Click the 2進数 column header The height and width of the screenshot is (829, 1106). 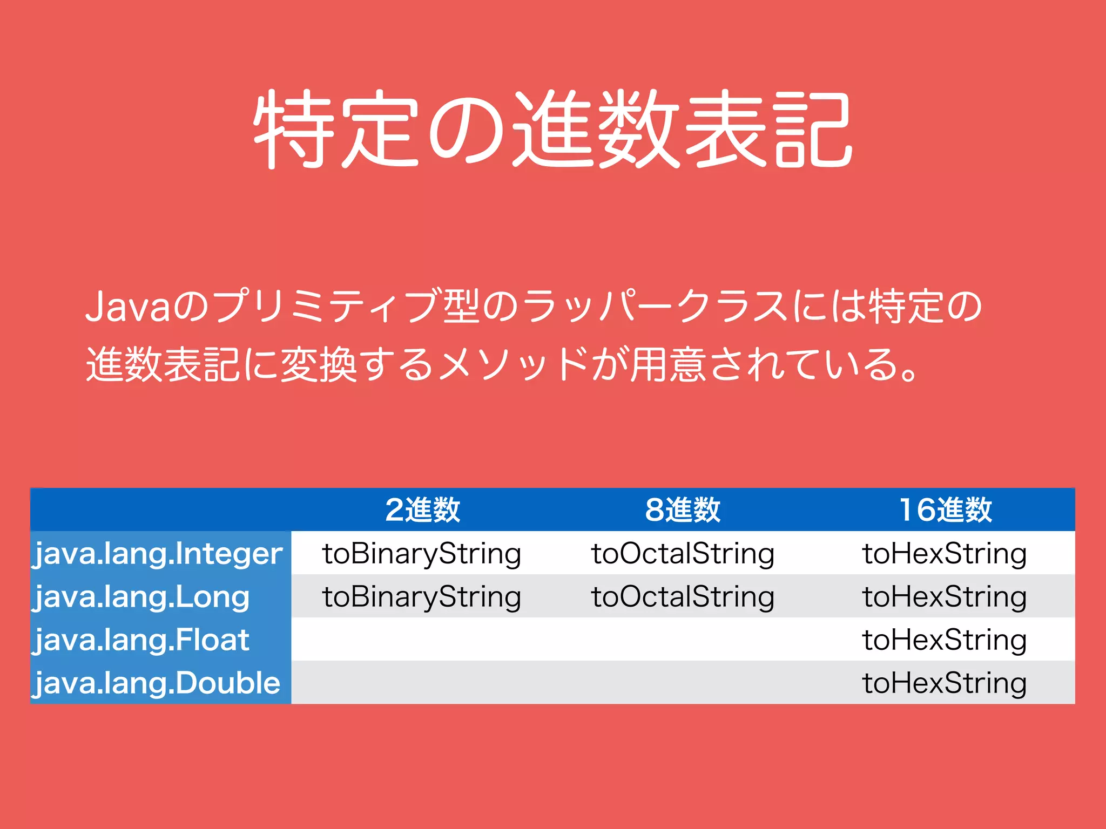click(422, 509)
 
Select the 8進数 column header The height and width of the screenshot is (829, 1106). click(683, 509)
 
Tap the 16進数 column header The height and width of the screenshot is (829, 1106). click(945, 509)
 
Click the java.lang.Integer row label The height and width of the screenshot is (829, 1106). click(158, 554)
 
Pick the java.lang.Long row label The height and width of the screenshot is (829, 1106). click(141, 597)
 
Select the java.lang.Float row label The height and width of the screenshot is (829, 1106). click(141, 640)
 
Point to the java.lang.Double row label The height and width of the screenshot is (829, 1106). click(157, 683)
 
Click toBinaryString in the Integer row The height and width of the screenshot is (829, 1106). click(422, 554)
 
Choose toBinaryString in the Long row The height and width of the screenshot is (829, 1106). click(422, 597)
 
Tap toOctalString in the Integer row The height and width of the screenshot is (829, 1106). click(683, 554)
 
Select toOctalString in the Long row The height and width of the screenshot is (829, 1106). click(683, 597)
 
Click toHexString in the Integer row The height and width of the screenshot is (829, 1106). click(945, 554)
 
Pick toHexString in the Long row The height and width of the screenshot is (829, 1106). click(945, 597)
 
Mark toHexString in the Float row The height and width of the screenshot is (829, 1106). click(945, 640)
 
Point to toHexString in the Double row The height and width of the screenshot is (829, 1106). click(945, 683)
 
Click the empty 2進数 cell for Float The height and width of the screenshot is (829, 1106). click(422, 640)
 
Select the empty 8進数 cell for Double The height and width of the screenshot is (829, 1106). click(683, 683)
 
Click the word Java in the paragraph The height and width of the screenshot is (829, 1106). click(128, 307)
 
